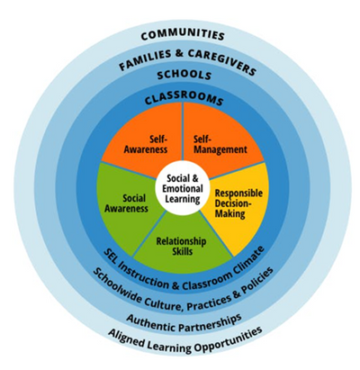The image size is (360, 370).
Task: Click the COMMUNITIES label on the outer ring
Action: click(183, 35)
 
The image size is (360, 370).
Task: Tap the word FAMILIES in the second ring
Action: click(144, 59)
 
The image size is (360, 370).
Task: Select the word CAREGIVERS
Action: click(223, 61)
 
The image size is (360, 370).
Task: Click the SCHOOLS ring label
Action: click(184, 75)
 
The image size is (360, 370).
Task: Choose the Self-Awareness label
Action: click(146, 144)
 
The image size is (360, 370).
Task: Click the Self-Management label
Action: click(220, 144)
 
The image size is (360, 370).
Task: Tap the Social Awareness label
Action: click(126, 203)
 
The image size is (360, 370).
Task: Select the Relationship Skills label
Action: click(181, 246)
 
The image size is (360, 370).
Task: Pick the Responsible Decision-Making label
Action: click(238, 203)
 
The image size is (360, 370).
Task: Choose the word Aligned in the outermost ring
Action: click(124, 338)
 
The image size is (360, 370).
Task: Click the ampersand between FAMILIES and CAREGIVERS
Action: click(180, 53)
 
